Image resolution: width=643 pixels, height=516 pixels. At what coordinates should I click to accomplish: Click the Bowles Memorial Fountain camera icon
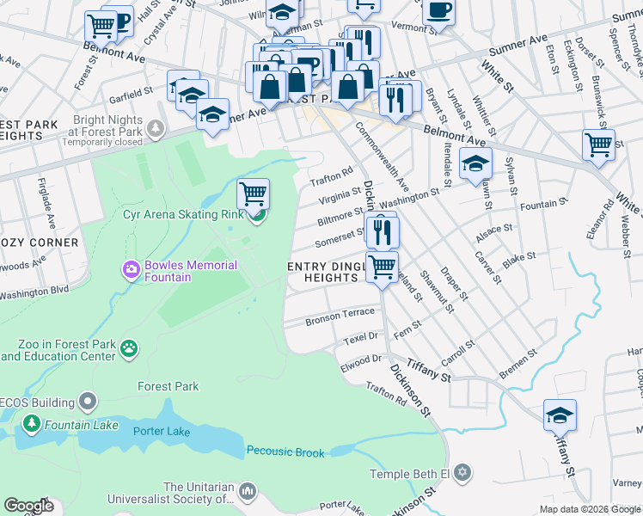[132, 270]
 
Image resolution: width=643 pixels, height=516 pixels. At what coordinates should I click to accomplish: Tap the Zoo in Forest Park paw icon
[129, 348]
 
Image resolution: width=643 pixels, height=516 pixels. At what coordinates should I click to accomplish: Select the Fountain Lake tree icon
[32, 424]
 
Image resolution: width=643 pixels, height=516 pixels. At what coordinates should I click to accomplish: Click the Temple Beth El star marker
[463, 473]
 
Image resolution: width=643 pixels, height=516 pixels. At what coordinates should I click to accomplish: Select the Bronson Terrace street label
[340, 317]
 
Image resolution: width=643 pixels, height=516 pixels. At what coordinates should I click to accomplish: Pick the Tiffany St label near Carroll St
[429, 370]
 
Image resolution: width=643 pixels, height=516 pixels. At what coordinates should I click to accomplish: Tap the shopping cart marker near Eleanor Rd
[598, 144]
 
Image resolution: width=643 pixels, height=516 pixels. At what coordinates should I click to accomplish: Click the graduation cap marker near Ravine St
[560, 416]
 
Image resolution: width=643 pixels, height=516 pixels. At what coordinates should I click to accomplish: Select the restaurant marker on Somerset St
[381, 230]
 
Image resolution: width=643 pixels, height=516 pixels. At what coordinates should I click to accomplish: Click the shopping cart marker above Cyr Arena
[253, 194]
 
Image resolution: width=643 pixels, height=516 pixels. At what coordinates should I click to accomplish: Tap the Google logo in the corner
[28, 506]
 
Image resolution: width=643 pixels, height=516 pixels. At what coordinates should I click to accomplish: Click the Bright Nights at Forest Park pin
[156, 130]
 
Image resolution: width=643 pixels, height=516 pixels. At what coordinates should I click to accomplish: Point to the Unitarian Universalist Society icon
[248, 491]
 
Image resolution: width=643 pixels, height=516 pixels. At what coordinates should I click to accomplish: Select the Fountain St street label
[539, 205]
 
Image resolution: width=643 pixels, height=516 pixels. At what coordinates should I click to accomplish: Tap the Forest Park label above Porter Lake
[168, 386]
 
